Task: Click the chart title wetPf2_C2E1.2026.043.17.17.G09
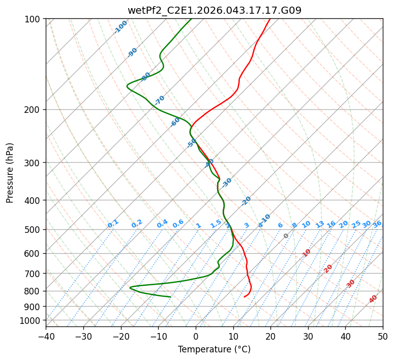[x=214, y=10]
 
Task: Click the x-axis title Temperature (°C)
[x=214, y=350]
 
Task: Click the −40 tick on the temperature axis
[x=46, y=337]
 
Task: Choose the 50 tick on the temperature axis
[x=383, y=337]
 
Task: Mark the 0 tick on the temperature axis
[x=196, y=337]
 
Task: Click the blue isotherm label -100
[x=120, y=26]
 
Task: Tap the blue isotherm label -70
[x=160, y=100]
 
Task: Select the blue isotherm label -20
[x=247, y=201]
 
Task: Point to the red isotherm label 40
[x=373, y=299]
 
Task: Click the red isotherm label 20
[x=328, y=268]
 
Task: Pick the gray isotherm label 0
[x=286, y=236]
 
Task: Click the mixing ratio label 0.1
[x=113, y=224]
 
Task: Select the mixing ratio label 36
[x=377, y=224]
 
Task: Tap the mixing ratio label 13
[x=320, y=224]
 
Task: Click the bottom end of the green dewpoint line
[x=170, y=296]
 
